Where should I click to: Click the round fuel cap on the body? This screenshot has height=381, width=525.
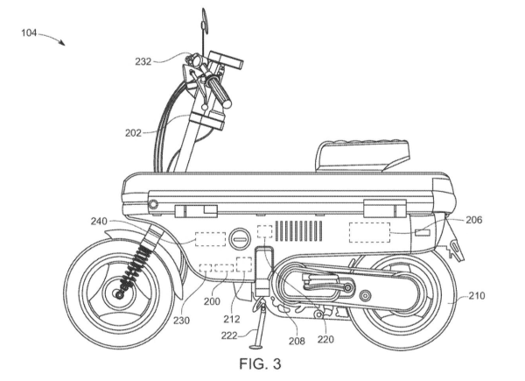click(x=239, y=237)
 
